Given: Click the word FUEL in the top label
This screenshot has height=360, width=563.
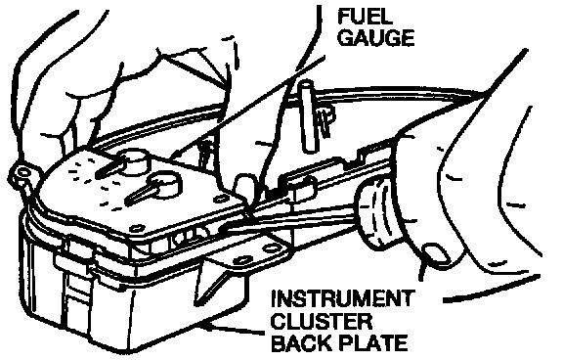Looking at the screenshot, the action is [365, 17].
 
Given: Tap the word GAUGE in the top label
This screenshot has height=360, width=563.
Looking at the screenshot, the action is [376, 37].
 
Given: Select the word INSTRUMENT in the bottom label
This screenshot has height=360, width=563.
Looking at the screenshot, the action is [341, 299].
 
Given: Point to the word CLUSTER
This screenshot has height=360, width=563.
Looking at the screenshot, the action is [321, 321].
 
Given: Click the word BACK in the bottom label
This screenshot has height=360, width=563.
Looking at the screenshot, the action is [302, 342].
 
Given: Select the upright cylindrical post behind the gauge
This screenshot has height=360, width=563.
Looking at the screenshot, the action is [309, 116].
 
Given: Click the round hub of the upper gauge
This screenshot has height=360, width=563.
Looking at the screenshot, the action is [135, 161].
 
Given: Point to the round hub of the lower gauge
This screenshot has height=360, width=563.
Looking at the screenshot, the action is [166, 184].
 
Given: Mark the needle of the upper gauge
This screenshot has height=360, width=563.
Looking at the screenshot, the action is [109, 169].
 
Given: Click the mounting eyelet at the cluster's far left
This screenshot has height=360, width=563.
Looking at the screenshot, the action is [23, 173].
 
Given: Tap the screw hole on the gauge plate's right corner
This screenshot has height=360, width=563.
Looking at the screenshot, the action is [220, 198].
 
